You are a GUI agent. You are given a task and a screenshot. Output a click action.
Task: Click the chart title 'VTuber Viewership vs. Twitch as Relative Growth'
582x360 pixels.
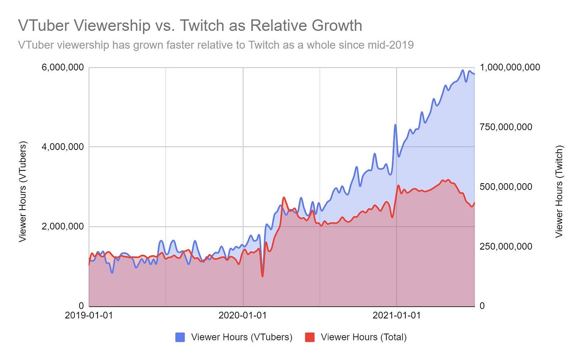coord(190,26)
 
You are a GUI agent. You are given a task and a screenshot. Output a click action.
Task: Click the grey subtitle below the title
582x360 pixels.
coord(216,45)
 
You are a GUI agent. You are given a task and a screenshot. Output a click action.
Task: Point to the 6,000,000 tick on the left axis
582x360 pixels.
coord(63,67)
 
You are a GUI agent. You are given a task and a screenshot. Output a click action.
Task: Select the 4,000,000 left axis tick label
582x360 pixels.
coord(63,147)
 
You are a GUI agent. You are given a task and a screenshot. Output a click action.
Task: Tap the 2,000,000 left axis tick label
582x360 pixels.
coord(63,226)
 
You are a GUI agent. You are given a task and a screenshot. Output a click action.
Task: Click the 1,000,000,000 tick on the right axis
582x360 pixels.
coord(510,67)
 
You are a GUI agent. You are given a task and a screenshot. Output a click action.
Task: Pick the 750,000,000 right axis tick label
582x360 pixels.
coord(506,127)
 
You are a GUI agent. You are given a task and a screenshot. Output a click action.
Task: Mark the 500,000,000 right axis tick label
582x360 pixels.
coord(506,187)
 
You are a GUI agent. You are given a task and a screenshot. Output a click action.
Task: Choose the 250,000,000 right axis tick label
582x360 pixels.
coord(506,246)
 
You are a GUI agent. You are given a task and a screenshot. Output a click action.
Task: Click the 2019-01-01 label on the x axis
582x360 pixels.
coord(89,315)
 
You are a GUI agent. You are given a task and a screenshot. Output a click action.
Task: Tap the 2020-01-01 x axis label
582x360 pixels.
coord(243,315)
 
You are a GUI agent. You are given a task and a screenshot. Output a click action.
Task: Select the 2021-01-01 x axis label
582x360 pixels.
coord(397,315)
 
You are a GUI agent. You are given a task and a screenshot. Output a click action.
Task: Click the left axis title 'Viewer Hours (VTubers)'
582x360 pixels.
coord(23,191)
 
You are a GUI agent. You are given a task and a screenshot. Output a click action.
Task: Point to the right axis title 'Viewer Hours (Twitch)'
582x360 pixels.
coord(559,191)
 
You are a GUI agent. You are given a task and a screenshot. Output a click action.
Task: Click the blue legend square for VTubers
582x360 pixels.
coord(180,337)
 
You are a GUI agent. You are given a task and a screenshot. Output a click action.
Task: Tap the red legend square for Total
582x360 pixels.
coord(309,337)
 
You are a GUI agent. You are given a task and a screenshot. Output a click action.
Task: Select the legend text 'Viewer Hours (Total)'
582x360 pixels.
coord(364,337)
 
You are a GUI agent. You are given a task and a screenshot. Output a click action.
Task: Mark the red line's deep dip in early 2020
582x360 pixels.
coord(262,276)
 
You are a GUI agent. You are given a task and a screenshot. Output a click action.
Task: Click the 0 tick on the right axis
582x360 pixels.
coord(482,306)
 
